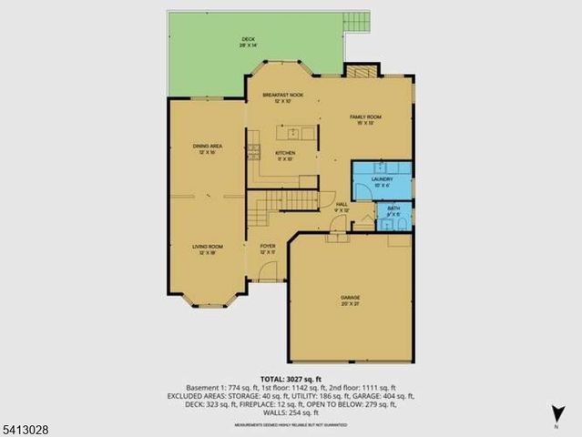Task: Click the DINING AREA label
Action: (208, 148)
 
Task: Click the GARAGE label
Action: (351, 300)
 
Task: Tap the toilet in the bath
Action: (404, 219)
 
